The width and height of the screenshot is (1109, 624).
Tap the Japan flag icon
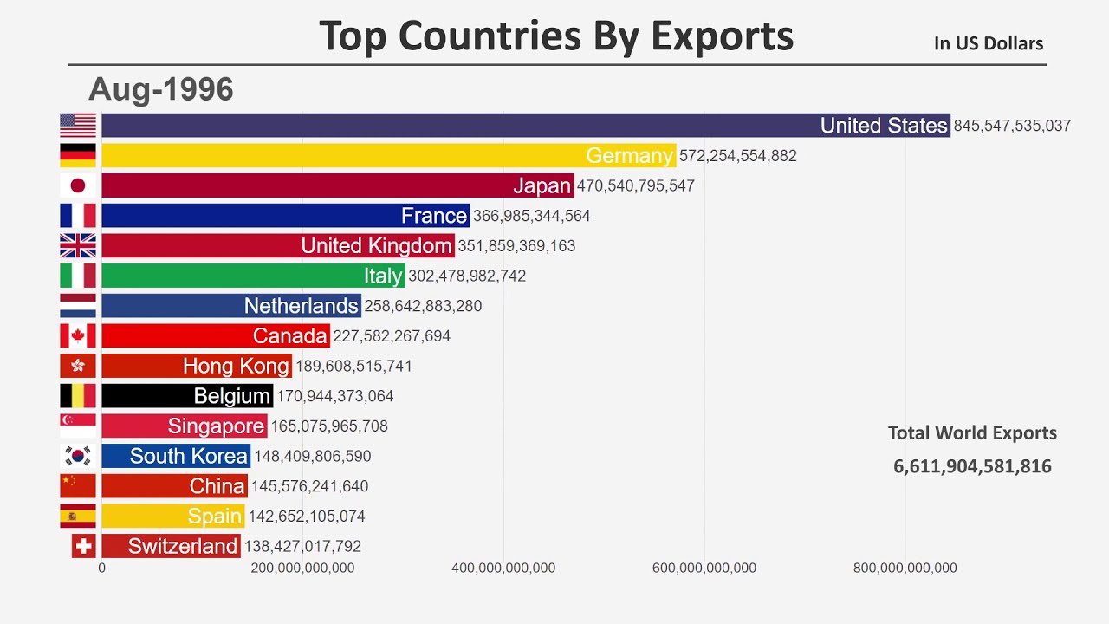coord(78,185)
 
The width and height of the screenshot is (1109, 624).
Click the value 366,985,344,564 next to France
coord(531,216)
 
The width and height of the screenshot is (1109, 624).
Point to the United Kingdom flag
coord(78,245)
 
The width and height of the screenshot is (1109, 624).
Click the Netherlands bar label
coord(301,306)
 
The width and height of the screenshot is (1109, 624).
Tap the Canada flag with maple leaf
coord(78,335)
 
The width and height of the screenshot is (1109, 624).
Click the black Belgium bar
coord(187,396)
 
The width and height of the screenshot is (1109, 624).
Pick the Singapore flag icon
coord(78,426)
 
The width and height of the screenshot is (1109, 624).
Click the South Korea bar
coord(176,456)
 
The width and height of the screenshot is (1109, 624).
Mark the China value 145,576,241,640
coord(309,486)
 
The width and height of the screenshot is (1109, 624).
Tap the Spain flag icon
coord(78,516)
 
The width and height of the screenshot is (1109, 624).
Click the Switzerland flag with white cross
coord(83,546)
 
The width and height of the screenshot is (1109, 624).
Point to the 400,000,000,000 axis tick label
coord(503,569)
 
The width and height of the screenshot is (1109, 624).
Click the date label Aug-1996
coord(161,89)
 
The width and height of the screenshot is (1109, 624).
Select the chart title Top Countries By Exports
coord(556,36)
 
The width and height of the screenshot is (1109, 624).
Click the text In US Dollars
coord(989,43)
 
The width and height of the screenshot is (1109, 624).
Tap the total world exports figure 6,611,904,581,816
coord(972,466)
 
